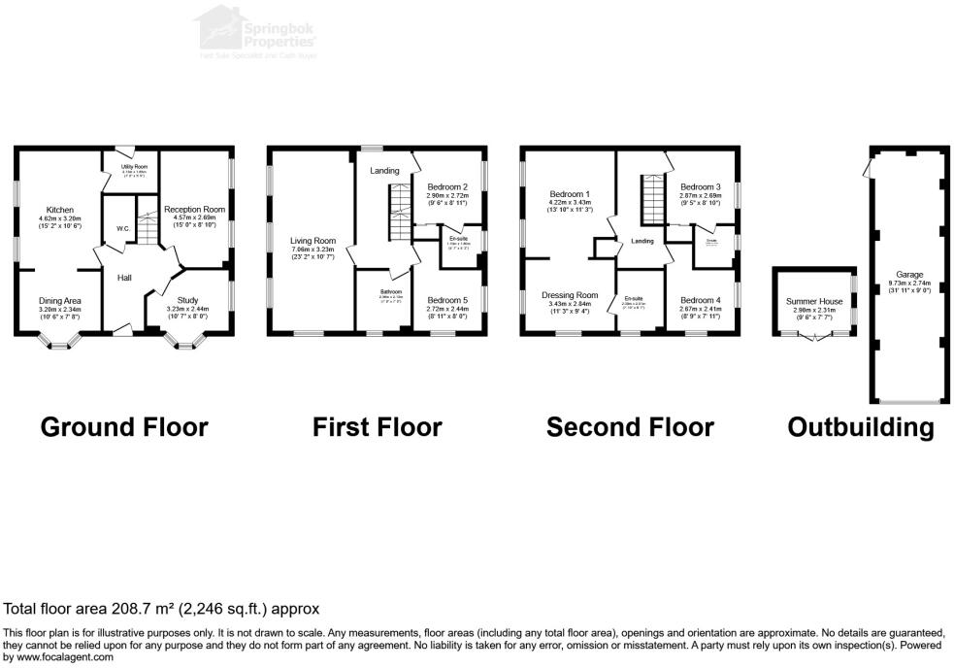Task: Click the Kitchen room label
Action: coord(60,210)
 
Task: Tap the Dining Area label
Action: coord(60,301)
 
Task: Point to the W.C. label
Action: coord(122,229)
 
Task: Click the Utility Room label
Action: coord(134,167)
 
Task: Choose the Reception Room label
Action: coord(194,209)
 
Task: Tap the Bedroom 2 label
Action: coord(447,187)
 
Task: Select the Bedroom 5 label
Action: coord(447,301)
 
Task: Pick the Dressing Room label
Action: coord(570,295)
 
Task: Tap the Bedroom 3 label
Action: coord(700,187)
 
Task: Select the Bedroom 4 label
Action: coord(700,300)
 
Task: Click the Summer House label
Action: coord(813,302)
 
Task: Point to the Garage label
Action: coord(908,274)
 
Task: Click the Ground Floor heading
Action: coord(124,427)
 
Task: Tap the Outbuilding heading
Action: coord(861,427)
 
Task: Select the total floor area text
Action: coord(161,610)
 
